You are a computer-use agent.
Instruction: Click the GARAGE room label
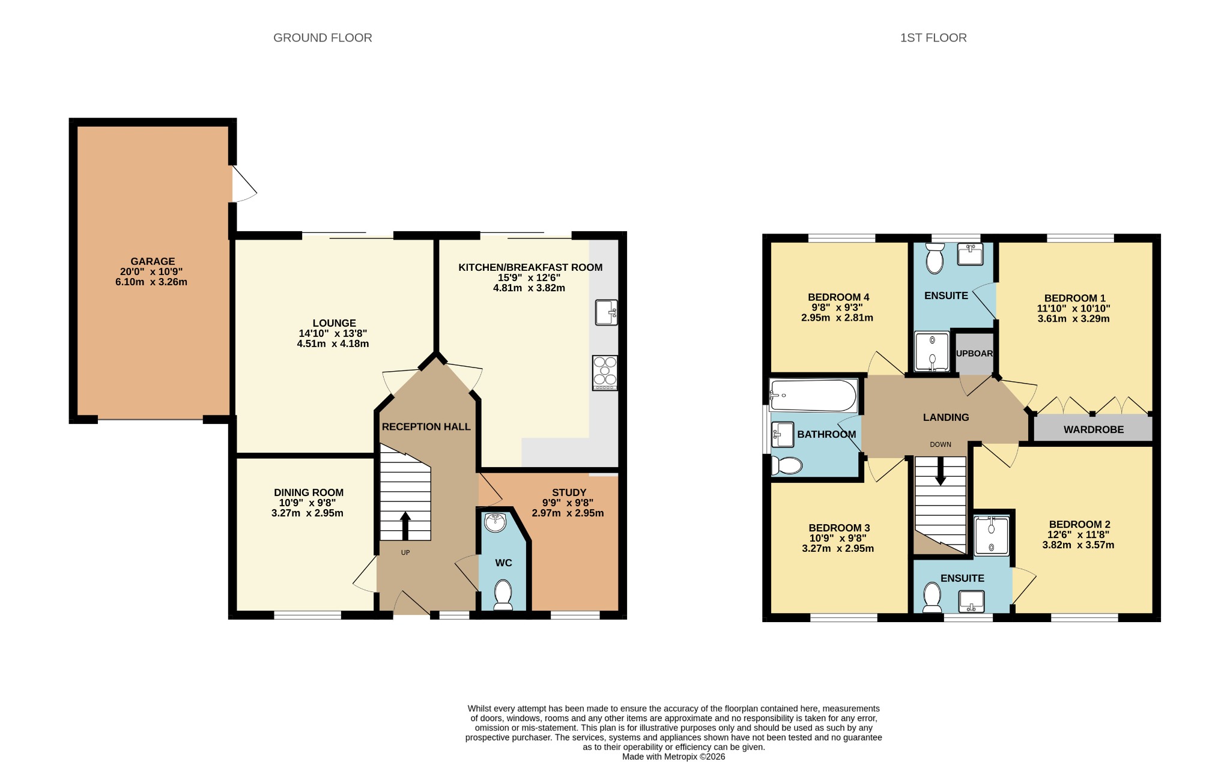153,261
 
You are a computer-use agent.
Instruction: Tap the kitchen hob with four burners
605,373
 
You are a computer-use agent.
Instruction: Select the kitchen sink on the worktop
607,312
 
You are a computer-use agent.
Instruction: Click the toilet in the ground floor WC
503,594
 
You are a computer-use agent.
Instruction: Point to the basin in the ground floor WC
495,522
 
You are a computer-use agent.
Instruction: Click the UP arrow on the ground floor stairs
405,525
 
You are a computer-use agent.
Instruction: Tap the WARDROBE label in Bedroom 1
1094,430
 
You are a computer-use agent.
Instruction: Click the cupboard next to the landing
974,353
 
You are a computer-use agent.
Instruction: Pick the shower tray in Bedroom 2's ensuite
991,536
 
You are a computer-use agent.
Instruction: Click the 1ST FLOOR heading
933,38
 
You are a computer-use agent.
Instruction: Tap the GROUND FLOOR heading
323,38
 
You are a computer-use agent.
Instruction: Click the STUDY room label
569,493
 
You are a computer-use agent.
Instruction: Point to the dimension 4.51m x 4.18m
333,344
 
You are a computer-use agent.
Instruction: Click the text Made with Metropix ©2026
673,757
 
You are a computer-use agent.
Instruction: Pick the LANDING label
946,417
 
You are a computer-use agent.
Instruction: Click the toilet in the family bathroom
787,465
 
